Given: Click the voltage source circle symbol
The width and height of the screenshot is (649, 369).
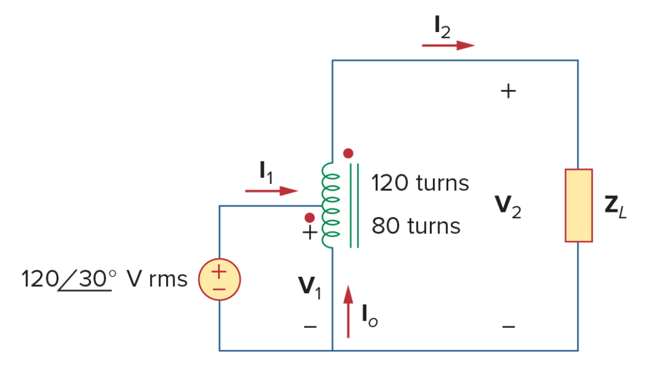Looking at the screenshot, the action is tap(219, 279).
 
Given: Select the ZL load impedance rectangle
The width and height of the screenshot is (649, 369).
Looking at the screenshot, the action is tap(579, 205).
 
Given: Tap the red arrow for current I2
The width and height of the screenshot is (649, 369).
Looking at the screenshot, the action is tap(448, 45).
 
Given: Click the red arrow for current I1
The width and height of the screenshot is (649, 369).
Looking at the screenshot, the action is tap(272, 190).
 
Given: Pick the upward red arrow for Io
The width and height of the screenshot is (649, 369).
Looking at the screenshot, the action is tap(348, 311).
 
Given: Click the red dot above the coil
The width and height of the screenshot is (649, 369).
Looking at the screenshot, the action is tap(348, 154).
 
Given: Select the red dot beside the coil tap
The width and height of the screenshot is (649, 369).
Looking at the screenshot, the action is tap(310, 218).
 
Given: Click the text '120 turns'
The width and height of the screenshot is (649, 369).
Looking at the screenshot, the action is tap(420, 183).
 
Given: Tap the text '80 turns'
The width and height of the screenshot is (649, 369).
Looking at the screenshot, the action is tap(416, 226).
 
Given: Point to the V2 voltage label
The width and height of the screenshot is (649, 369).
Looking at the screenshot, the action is tap(508, 207).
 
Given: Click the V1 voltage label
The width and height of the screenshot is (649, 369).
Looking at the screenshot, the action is tap(310, 287).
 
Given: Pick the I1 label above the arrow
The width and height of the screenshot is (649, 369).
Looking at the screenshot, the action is tap(266, 172).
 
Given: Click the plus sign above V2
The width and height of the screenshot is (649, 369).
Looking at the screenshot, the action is tap(508, 91).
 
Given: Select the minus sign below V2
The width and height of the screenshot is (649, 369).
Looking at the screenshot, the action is tap(508, 327).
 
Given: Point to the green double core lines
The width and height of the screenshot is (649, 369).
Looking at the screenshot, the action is tap(354, 205).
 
